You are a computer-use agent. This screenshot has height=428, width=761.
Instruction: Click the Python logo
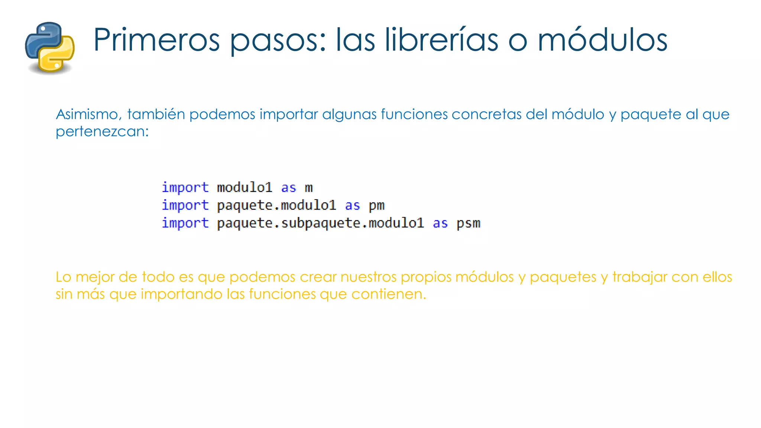point(50,47)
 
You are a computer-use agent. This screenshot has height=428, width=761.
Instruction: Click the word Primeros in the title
point(156,40)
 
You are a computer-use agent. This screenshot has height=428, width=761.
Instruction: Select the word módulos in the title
point(602,40)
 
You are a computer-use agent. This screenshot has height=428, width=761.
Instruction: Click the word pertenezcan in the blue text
point(101,132)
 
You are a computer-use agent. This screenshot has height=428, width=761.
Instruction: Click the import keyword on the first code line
point(185,188)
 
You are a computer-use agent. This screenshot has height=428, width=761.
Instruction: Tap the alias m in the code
point(309,188)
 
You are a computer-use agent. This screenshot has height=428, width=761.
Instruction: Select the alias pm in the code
point(376,205)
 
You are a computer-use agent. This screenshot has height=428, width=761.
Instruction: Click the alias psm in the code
point(468,223)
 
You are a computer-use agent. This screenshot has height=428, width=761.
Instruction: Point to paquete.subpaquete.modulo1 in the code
point(320,223)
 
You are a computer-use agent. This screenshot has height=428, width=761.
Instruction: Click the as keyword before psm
point(440,223)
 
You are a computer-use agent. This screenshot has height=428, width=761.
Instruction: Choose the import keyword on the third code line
point(185,223)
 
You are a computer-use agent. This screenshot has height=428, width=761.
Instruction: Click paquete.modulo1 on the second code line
point(276,205)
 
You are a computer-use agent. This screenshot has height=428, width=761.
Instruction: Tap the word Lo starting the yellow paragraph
point(63,277)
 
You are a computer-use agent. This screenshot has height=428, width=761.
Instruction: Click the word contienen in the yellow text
point(388,294)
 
